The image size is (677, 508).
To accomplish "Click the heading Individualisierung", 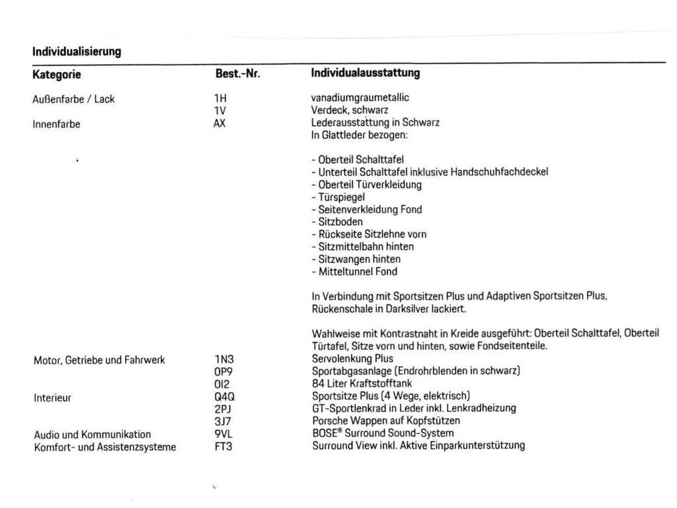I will [77, 51].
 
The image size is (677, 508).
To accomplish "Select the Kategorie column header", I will [57, 74].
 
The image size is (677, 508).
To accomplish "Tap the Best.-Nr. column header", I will [237, 74].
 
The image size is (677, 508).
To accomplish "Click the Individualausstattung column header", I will [365, 73].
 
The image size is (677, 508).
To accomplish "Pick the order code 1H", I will [220, 98].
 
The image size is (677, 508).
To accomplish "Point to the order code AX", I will [219, 123].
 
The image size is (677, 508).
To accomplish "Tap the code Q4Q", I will [225, 396].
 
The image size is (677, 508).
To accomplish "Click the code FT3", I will [223, 446].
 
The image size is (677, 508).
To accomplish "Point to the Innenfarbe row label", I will [56, 124].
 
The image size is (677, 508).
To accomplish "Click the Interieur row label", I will [52, 398].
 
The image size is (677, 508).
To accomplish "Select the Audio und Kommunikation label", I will [92, 435].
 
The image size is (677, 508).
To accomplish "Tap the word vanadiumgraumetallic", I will [360, 98].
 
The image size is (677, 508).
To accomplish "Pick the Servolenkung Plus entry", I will [352, 359].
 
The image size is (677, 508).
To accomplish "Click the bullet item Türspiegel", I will [338, 197].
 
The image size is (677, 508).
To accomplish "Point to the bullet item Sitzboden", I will [337, 222].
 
